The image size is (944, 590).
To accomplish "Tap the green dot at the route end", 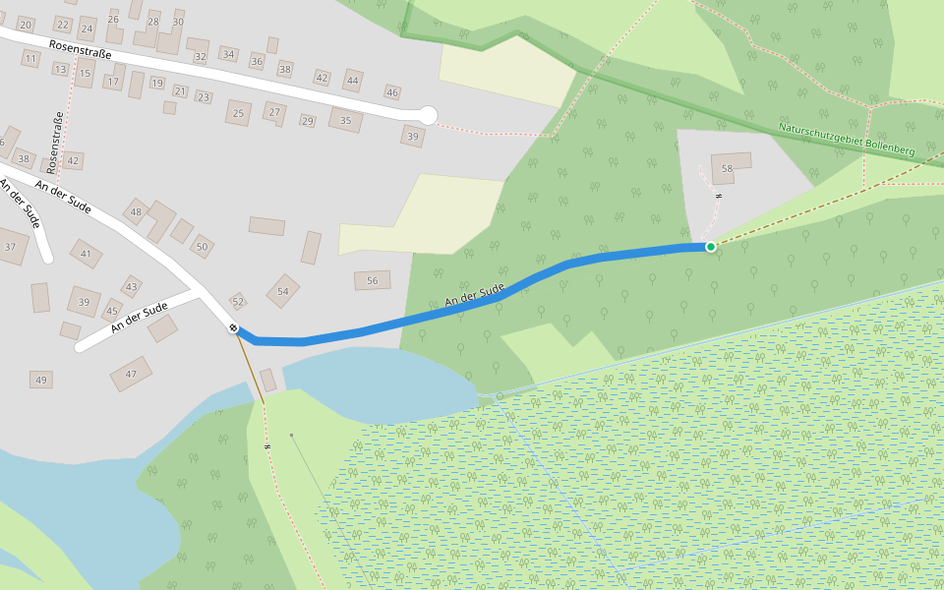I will [x=710, y=247].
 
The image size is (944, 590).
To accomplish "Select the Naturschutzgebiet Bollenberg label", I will [x=846, y=139].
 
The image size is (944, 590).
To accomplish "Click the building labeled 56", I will [x=372, y=280].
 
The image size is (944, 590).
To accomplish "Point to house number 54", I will [x=283, y=291].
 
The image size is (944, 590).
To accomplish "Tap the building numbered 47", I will [x=131, y=374].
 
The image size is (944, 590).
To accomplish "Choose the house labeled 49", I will [x=40, y=380].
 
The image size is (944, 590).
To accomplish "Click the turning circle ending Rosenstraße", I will [x=427, y=115].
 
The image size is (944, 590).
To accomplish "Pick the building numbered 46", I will [x=392, y=92].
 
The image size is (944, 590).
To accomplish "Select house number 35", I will [x=345, y=121].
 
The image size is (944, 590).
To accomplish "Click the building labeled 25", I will [x=238, y=113].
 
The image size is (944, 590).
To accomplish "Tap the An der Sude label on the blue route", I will [x=474, y=293].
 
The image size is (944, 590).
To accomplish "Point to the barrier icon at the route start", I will [x=234, y=327].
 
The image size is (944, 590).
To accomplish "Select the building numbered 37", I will [x=11, y=246].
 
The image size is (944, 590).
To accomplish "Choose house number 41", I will [x=86, y=254].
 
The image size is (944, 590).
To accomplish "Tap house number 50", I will [x=203, y=246].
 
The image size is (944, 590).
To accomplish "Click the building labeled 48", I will [x=136, y=211].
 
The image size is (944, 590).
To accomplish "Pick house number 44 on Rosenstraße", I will [x=353, y=81].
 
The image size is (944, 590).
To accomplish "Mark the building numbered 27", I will [x=274, y=112].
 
